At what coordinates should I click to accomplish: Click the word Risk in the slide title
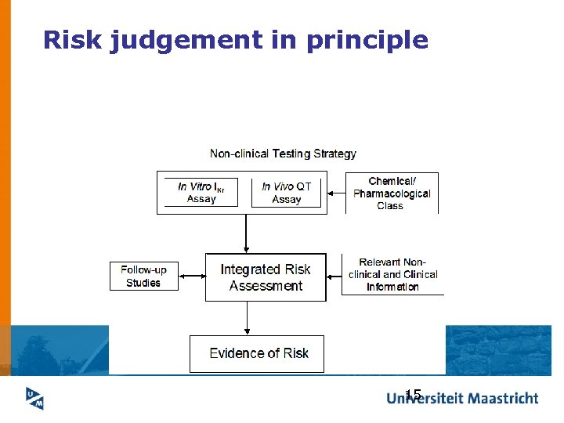72,40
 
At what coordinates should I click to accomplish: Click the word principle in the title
367,41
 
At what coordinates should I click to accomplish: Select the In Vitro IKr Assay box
201,193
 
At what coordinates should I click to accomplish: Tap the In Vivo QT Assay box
286,193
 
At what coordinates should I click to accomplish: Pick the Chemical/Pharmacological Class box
392,193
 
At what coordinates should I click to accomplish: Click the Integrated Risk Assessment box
266,277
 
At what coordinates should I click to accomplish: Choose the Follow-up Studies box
144,276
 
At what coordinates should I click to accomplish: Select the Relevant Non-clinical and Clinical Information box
392,274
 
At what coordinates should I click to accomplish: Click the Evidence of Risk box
257,353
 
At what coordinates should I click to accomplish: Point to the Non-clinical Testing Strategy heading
283,154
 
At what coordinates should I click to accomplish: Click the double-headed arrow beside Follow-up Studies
192,276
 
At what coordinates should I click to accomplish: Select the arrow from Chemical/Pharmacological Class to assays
336,193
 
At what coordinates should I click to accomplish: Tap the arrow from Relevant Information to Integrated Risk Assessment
334,275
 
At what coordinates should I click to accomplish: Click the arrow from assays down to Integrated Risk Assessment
247,233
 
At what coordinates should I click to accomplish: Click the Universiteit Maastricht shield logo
34,398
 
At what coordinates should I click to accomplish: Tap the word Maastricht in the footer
498,398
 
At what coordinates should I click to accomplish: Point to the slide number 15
414,394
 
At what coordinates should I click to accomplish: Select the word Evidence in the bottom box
237,353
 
